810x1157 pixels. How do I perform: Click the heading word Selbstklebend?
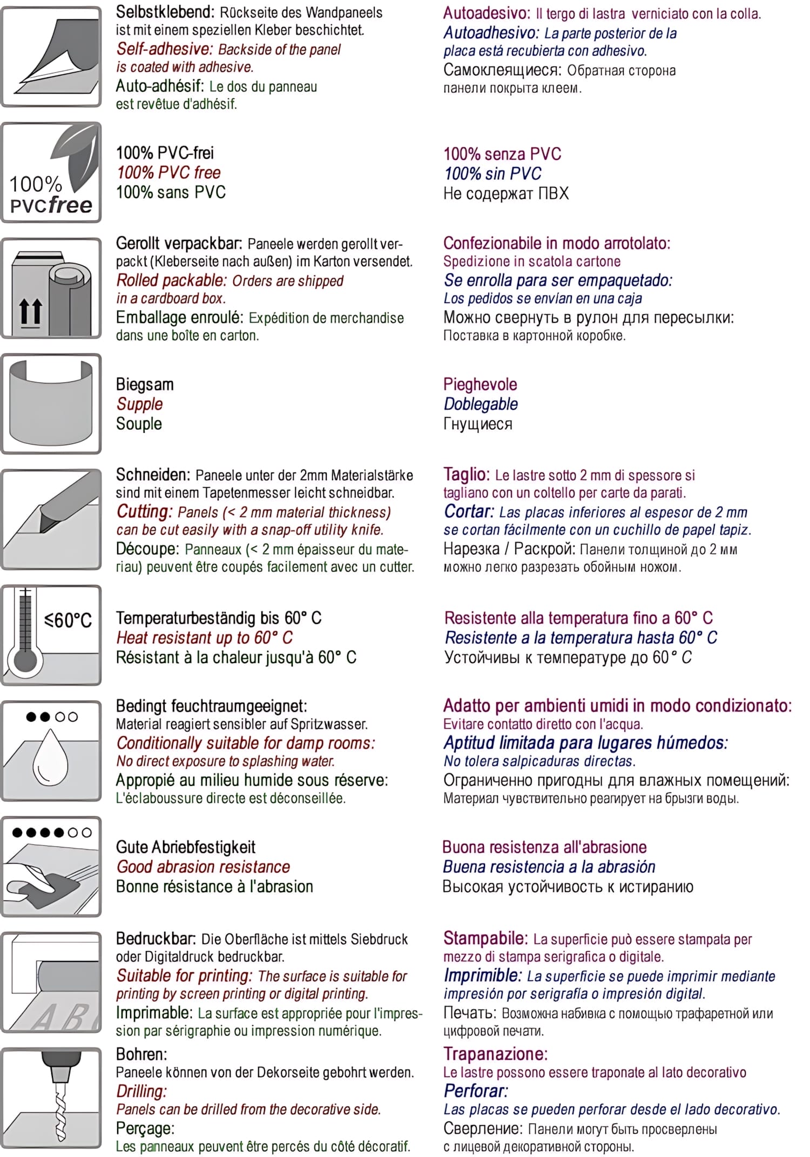[165, 12]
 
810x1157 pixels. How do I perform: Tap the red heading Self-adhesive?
[165, 49]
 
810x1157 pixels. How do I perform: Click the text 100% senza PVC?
[502, 154]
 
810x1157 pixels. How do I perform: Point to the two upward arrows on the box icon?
[30, 312]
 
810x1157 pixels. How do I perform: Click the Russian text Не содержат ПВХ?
[506, 193]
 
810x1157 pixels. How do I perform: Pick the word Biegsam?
[145, 385]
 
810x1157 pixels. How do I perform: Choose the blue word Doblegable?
[481, 404]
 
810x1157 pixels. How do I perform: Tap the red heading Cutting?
[144, 512]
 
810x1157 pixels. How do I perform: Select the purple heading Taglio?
[466, 474]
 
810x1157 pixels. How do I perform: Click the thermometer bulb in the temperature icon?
[25, 660]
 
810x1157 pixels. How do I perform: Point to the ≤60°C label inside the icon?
[68, 620]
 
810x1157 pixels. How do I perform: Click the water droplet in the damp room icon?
[51, 756]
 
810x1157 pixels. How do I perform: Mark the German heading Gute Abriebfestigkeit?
[186, 847]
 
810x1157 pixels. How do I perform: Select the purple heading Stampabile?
[485, 938]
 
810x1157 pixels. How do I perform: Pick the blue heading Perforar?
[475, 1091]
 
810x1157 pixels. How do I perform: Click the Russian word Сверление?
[482, 1128]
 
